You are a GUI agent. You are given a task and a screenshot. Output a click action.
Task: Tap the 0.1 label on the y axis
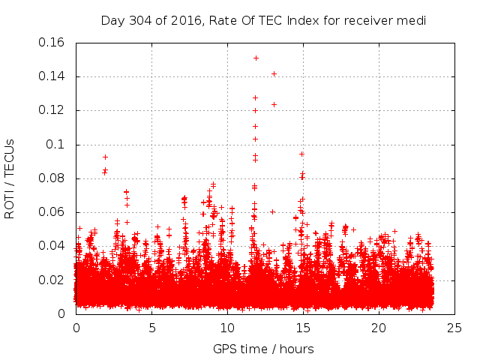point(56,144)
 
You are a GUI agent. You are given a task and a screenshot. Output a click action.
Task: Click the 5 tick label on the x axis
point(152,328)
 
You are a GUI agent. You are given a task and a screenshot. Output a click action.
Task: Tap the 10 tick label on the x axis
point(228,328)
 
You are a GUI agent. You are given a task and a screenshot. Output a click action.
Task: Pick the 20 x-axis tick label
point(379,328)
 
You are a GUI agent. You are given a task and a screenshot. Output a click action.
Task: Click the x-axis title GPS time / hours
point(263,349)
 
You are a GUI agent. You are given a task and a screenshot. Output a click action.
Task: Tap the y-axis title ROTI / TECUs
point(10,178)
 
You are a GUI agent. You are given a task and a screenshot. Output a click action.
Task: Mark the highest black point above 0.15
point(256,58)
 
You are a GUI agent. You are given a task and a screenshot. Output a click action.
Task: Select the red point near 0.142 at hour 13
point(274,73)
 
